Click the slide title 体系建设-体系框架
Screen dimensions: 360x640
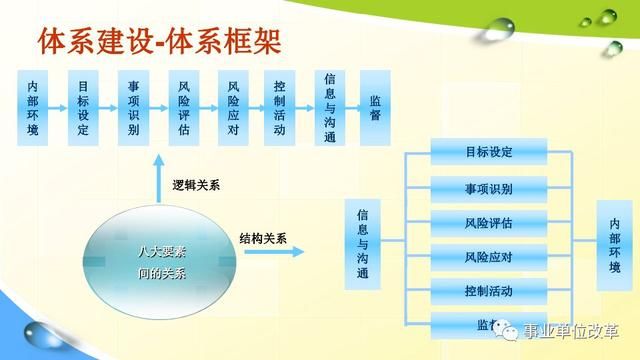tap(160, 41)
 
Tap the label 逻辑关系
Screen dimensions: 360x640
tap(197, 185)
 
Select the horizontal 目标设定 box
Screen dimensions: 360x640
tap(489, 153)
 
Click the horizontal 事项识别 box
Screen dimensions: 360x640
tap(489, 188)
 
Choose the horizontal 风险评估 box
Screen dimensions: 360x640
tap(489, 222)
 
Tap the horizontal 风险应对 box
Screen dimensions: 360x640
tap(489, 257)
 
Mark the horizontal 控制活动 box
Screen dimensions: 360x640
tap(489, 291)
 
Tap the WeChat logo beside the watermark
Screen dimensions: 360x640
tap(513, 331)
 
